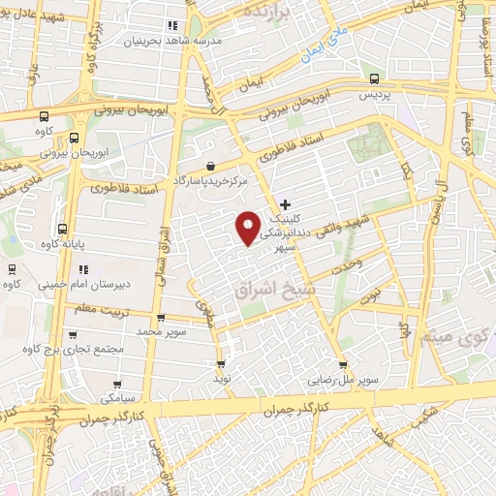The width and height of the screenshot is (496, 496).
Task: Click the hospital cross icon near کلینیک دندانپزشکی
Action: click(x=285, y=204)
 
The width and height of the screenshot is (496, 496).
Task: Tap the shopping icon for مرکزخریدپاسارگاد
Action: click(x=210, y=167)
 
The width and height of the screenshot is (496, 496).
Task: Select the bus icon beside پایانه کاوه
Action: click(x=63, y=231)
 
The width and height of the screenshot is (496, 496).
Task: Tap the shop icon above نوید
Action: click(x=221, y=364)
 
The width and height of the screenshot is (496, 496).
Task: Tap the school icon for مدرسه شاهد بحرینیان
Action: click(x=172, y=26)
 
